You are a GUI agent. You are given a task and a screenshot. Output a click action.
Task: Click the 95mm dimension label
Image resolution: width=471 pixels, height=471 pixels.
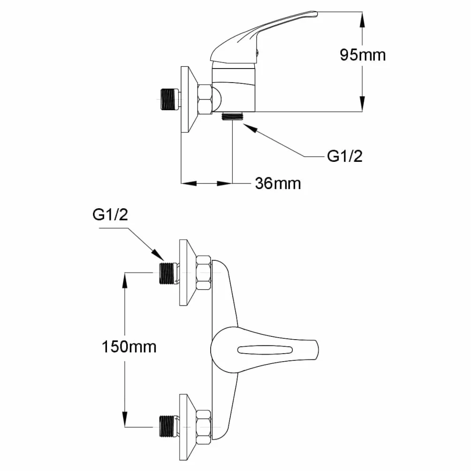363,55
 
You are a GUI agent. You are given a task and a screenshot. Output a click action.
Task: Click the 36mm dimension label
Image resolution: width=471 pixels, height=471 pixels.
278,183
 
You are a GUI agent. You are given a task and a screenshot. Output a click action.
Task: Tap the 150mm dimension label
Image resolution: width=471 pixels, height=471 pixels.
129,347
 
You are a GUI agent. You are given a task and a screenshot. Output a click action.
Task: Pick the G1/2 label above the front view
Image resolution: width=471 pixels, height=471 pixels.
110,215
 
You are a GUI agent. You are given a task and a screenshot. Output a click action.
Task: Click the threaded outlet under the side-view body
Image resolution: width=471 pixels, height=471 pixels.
232,116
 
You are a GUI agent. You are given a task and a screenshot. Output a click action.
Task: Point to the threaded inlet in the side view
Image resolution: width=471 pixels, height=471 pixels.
169,99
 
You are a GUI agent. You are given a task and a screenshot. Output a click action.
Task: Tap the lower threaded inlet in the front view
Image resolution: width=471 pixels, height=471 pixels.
167,427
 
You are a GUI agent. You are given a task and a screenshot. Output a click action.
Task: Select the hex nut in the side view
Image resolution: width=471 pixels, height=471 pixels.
205,99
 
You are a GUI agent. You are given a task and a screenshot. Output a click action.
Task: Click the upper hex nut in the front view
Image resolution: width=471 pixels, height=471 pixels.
203,273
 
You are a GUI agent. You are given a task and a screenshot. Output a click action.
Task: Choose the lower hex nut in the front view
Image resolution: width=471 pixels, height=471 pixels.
203,427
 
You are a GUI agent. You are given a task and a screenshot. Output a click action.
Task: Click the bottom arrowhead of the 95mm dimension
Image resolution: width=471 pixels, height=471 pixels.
362,104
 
